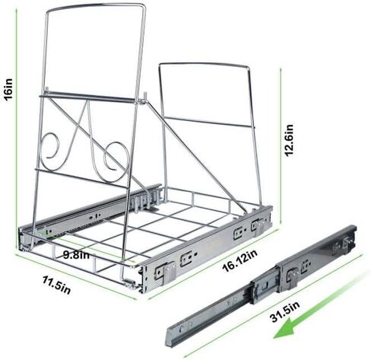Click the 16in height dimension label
tap(8, 90)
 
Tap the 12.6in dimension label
tap(289, 140)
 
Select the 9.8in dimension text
tap(76, 255)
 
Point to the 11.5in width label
tap(56, 285)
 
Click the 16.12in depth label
tap(239, 260)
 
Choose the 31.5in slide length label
tap(285, 312)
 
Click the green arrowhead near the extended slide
tap(284, 330)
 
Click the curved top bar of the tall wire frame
tap(97, 7)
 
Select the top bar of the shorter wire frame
tap(204, 65)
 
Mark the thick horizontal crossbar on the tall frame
tap(89, 97)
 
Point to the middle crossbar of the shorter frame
tap(208, 122)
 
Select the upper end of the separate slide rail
tap(347, 234)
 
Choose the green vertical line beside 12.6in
tap(281, 147)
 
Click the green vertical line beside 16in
tap(17, 128)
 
